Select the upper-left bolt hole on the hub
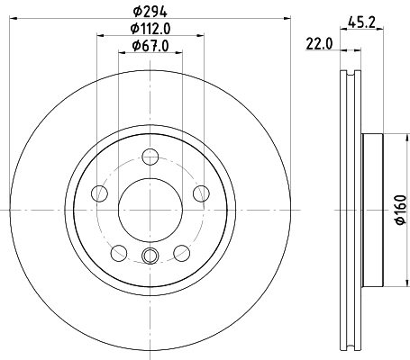101,194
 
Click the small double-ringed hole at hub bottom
150,256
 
